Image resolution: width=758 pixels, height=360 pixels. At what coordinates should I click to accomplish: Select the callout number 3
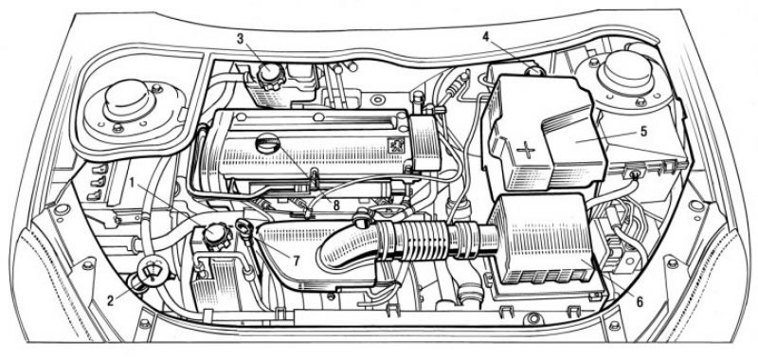(x=241, y=39)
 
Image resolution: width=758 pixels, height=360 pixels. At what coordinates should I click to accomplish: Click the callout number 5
(x=643, y=132)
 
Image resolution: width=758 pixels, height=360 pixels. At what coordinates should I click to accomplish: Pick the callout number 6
(x=640, y=302)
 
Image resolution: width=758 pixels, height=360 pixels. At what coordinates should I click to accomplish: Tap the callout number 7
(x=295, y=261)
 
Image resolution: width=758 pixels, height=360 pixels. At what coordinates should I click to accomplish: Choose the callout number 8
(x=336, y=206)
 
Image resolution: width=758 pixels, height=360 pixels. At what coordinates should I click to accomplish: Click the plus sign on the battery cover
(x=526, y=151)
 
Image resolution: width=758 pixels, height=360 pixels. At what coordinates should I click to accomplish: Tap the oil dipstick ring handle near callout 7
(x=243, y=225)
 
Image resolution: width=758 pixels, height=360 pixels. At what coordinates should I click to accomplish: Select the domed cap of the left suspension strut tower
(x=129, y=102)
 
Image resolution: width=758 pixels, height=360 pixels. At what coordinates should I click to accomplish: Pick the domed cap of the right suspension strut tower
(x=626, y=70)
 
